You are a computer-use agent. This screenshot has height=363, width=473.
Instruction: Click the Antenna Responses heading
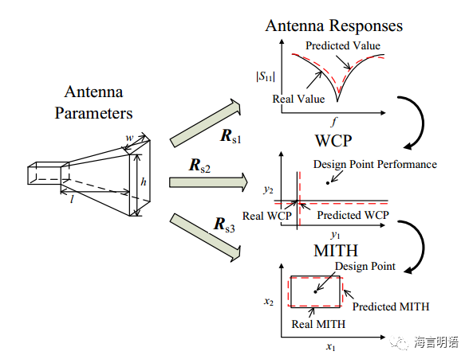(334, 25)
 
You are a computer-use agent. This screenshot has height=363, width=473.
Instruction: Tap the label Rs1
(231, 136)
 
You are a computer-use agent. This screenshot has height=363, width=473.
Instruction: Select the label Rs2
(199, 166)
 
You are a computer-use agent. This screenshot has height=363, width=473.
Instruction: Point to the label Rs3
(224, 224)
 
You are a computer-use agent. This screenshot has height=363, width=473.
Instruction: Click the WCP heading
(333, 141)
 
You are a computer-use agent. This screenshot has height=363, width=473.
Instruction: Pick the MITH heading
(336, 251)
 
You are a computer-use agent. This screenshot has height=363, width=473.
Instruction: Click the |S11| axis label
(266, 76)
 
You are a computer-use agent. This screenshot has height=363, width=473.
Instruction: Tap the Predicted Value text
(343, 45)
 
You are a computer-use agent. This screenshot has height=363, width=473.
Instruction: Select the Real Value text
(298, 99)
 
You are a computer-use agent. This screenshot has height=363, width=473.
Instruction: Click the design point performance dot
(328, 183)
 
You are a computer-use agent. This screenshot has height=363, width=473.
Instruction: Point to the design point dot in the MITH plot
(315, 291)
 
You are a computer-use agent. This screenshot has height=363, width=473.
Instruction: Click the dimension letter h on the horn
(144, 181)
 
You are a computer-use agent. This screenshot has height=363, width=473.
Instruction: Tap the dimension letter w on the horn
(129, 138)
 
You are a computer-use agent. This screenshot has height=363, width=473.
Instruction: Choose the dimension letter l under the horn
(72, 199)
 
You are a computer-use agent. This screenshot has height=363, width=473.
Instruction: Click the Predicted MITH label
(391, 306)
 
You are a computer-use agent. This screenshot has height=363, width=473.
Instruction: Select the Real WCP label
(267, 216)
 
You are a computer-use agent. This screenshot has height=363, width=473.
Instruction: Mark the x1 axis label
(330, 347)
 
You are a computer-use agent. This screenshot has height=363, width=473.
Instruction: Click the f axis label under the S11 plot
(333, 122)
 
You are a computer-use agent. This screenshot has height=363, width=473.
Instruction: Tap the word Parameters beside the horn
(93, 114)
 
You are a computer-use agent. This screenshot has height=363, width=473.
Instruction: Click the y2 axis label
(268, 190)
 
